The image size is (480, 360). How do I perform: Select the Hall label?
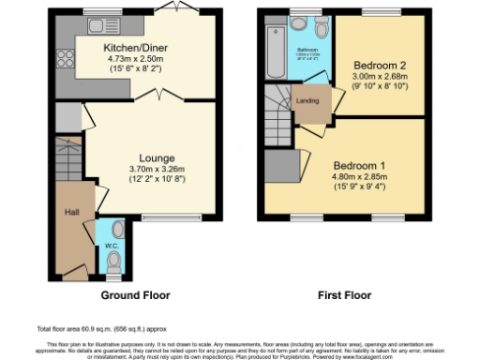tap(70, 213)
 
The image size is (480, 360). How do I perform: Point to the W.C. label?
tap(111, 247)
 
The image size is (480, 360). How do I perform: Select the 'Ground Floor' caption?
tap(135, 294)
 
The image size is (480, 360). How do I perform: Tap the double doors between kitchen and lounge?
tap(162, 94)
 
